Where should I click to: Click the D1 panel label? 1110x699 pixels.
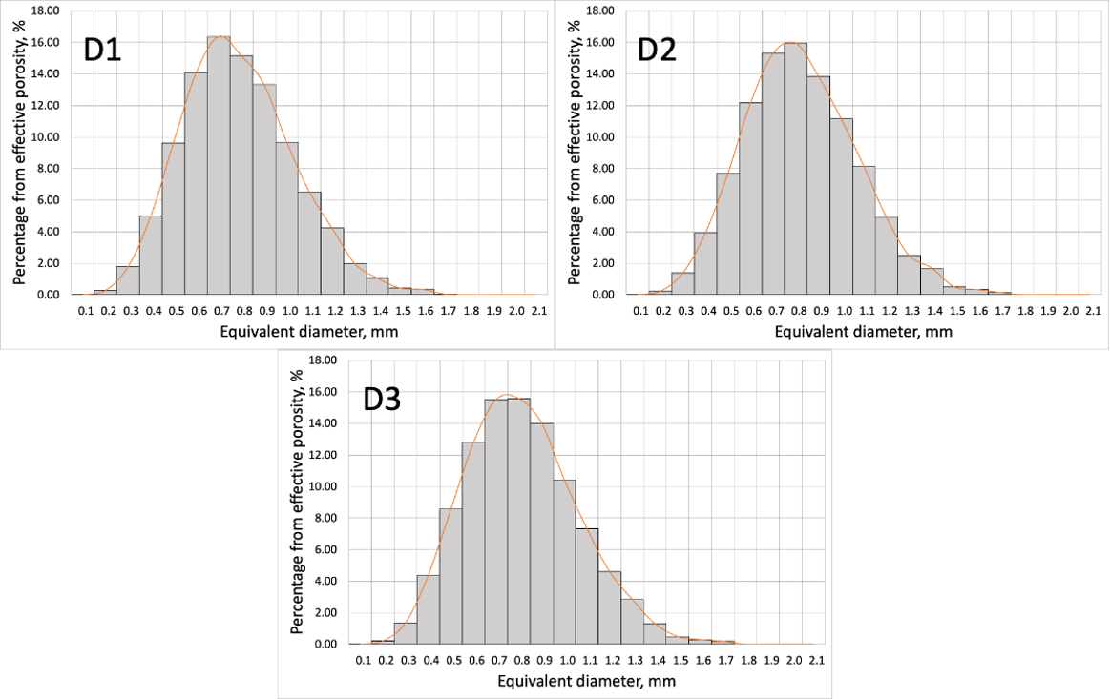[104, 49]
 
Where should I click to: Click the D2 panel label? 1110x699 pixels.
[657, 49]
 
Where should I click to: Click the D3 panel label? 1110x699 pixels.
[382, 399]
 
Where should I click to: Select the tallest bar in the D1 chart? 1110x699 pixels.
[219, 167]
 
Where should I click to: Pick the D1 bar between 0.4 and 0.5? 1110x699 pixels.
[151, 256]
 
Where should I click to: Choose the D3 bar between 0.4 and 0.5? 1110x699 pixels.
[429, 610]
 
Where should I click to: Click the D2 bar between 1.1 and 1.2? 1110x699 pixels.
[887, 257]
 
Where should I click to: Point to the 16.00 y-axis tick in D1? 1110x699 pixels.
[47, 42]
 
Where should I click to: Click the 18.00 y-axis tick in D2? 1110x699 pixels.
[601, 10]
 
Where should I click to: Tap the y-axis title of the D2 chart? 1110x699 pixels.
[574, 153]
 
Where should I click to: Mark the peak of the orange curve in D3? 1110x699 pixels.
[508, 395]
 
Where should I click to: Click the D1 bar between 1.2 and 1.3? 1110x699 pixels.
[332, 261]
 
